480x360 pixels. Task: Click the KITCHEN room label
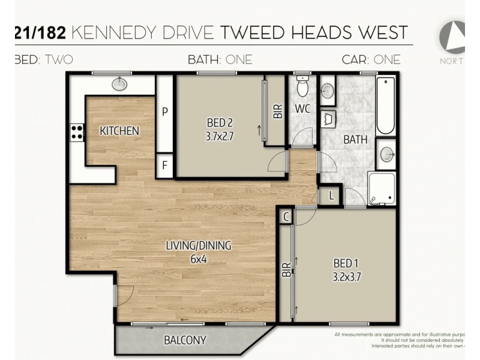pos(119,131)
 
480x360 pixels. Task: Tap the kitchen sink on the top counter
pos(120,83)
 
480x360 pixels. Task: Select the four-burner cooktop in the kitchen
pos(77,131)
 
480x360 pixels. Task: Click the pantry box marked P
pos(165,111)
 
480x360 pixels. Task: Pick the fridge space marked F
pos(165,166)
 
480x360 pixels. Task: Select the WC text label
pos(301,109)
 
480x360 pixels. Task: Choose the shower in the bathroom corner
pos(382,188)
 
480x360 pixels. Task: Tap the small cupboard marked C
pos(286,216)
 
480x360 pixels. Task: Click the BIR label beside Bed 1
pos(286,269)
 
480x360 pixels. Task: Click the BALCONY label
pos(185,340)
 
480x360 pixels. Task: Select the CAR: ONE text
pos(371,59)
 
